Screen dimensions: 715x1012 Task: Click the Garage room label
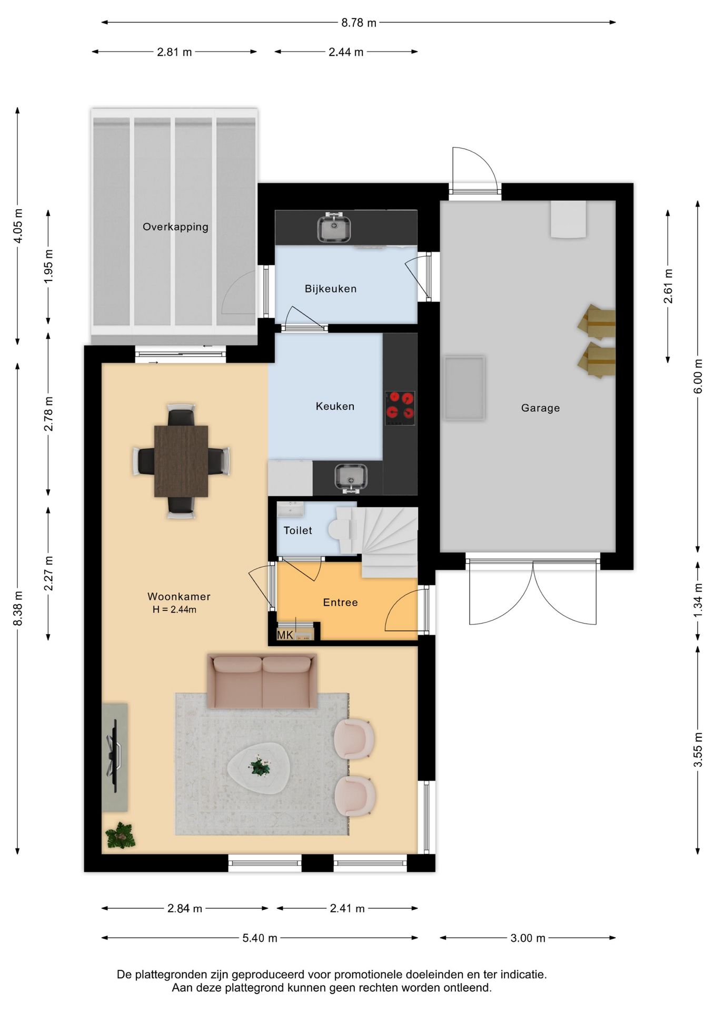[x=540, y=408]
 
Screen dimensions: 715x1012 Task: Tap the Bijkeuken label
[x=331, y=289]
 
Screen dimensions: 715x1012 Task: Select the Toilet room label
[x=298, y=531]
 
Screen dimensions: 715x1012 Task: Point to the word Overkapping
[x=175, y=227]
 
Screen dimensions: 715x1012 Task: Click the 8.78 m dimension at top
[x=359, y=23]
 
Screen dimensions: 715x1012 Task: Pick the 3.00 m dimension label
[x=528, y=938]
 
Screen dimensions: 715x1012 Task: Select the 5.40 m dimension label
[x=260, y=938]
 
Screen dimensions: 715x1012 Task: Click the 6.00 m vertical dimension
[x=698, y=376]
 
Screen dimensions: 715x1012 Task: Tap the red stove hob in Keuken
[x=400, y=408]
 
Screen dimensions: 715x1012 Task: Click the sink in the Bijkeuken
[x=334, y=228]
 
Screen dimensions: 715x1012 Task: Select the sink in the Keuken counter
[x=351, y=478]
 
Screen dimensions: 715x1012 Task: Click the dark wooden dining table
[x=181, y=461]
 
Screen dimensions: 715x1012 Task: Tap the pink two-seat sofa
[x=262, y=681]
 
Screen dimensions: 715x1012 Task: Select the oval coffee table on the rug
[x=259, y=768]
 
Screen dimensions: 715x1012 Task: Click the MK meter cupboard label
[x=285, y=635]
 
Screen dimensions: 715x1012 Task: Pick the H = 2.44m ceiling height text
[x=174, y=610]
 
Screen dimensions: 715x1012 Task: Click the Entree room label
[x=340, y=602]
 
